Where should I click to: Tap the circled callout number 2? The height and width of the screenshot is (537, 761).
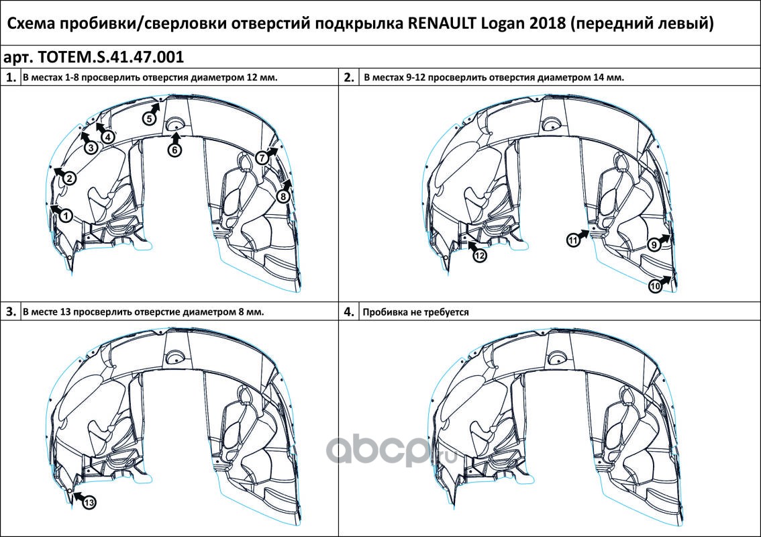pyautogui.click(x=69, y=178)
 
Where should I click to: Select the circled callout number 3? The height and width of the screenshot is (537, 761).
pyautogui.click(x=91, y=147)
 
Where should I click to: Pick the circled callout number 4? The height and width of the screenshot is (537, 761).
pyautogui.click(x=108, y=137)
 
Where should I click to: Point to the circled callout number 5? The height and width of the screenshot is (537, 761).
pyautogui.click(x=150, y=118)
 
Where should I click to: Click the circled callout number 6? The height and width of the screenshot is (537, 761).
pyautogui.click(x=174, y=150)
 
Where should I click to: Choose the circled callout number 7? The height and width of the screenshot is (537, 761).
pyautogui.click(x=262, y=157)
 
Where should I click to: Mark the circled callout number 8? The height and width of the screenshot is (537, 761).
pyautogui.click(x=283, y=196)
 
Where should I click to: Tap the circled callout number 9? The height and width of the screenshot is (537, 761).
pyautogui.click(x=654, y=245)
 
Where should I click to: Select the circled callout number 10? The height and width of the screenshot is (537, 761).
pyautogui.click(x=655, y=286)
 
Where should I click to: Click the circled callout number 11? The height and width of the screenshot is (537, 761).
pyautogui.click(x=574, y=240)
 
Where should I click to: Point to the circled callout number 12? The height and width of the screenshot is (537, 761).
pyautogui.click(x=480, y=255)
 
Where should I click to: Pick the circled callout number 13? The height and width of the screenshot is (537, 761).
pyautogui.click(x=89, y=503)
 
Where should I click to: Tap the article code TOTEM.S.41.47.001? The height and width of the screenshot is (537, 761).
pyautogui.click(x=111, y=57)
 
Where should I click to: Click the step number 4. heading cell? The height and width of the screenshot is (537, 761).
pyautogui.click(x=349, y=311)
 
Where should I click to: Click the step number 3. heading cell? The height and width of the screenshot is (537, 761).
pyautogui.click(x=11, y=311)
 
